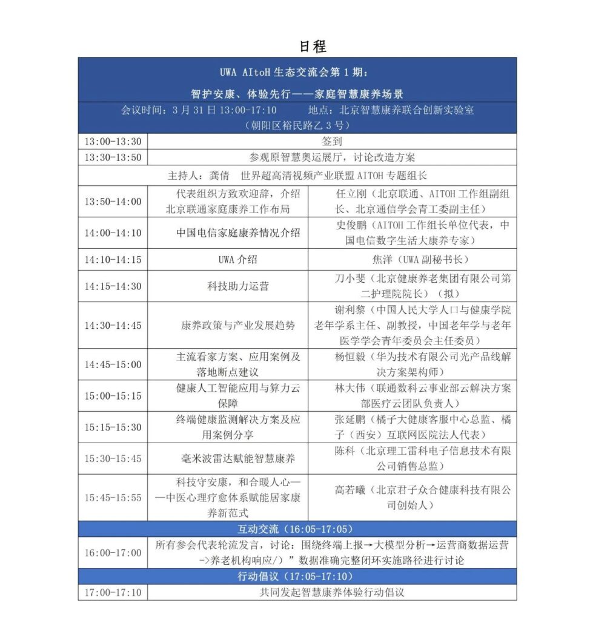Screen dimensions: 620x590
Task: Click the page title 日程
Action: pos(313,46)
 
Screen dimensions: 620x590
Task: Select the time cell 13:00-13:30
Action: pos(113,142)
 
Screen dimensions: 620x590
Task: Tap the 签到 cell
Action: pos(332,142)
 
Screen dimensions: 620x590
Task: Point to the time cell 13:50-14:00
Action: pos(113,202)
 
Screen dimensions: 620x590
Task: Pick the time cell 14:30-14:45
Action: pos(113,325)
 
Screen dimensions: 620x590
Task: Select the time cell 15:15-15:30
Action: pos(113,427)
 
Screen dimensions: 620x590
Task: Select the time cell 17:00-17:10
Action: pos(113,592)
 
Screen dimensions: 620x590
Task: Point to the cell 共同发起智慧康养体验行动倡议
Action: pos(332,592)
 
